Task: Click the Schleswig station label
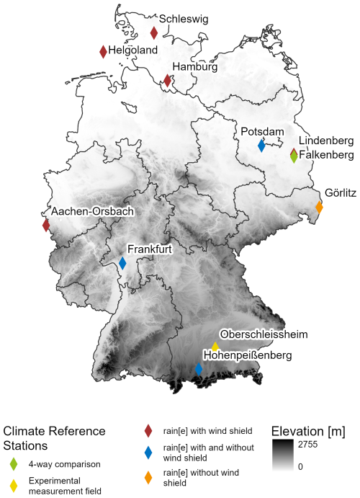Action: (184, 19)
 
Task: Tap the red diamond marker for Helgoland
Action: (103, 51)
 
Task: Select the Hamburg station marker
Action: (168, 80)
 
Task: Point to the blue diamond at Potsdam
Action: (262, 146)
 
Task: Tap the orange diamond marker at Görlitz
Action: (319, 208)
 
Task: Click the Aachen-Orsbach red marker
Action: (46, 225)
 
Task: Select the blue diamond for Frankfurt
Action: (122, 263)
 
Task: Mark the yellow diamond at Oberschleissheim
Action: (215, 347)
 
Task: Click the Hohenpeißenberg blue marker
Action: (199, 369)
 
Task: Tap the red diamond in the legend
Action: (148, 431)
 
